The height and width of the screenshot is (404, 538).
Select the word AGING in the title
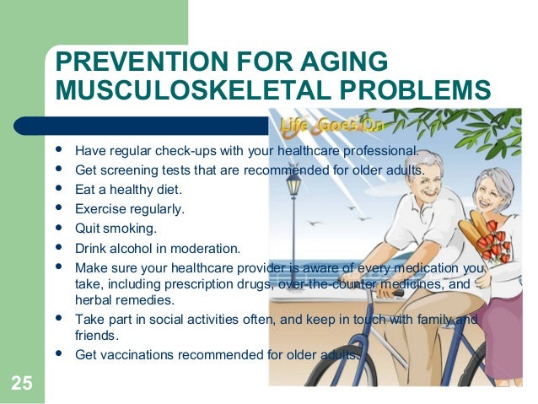[349, 62]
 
